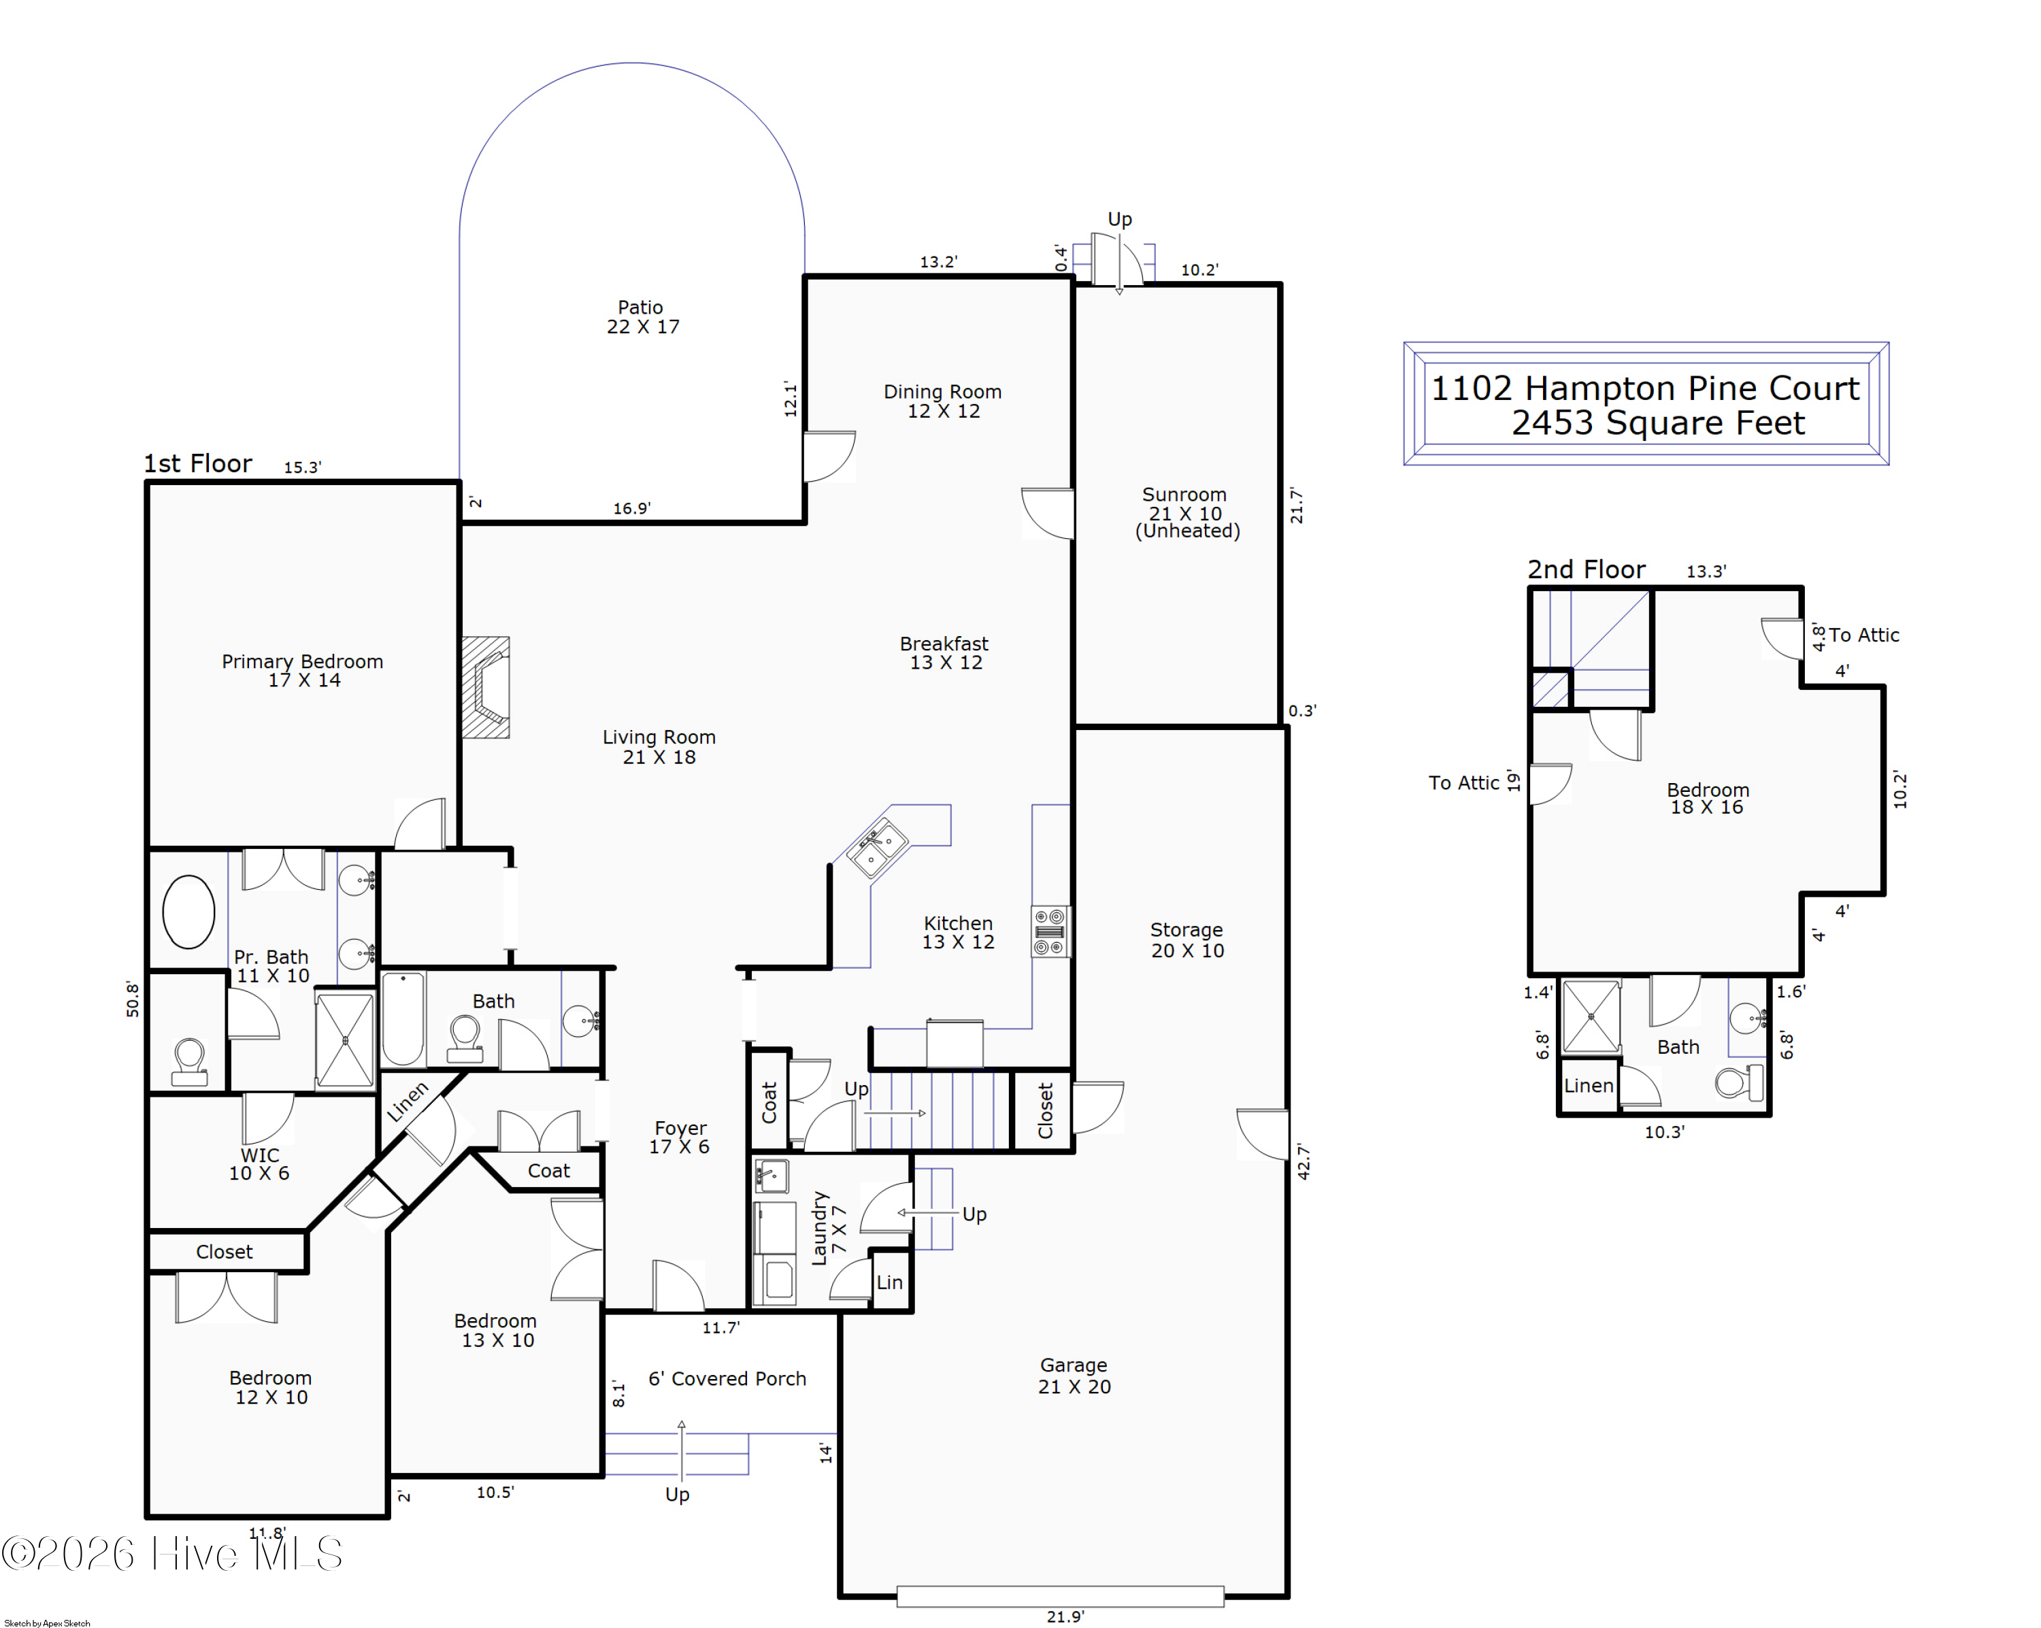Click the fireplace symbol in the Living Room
[x=486, y=688]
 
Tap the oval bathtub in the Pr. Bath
[x=188, y=912]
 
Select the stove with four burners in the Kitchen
[x=1050, y=932]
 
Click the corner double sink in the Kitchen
[x=876, y=848]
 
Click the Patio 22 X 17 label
[x=643, y=317]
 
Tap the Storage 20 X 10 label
[x=1187, y=940]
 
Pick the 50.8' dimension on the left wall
[x=133, y=999]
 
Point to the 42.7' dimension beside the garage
[x=1304, y=1161]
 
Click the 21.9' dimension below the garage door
[x=1065, y=1616]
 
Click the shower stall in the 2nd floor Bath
[x=1591, y=1016]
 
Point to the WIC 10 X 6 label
[x=259, y=1164]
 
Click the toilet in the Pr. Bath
[x=189, y=1061]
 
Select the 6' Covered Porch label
[x=727, y=1379]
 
